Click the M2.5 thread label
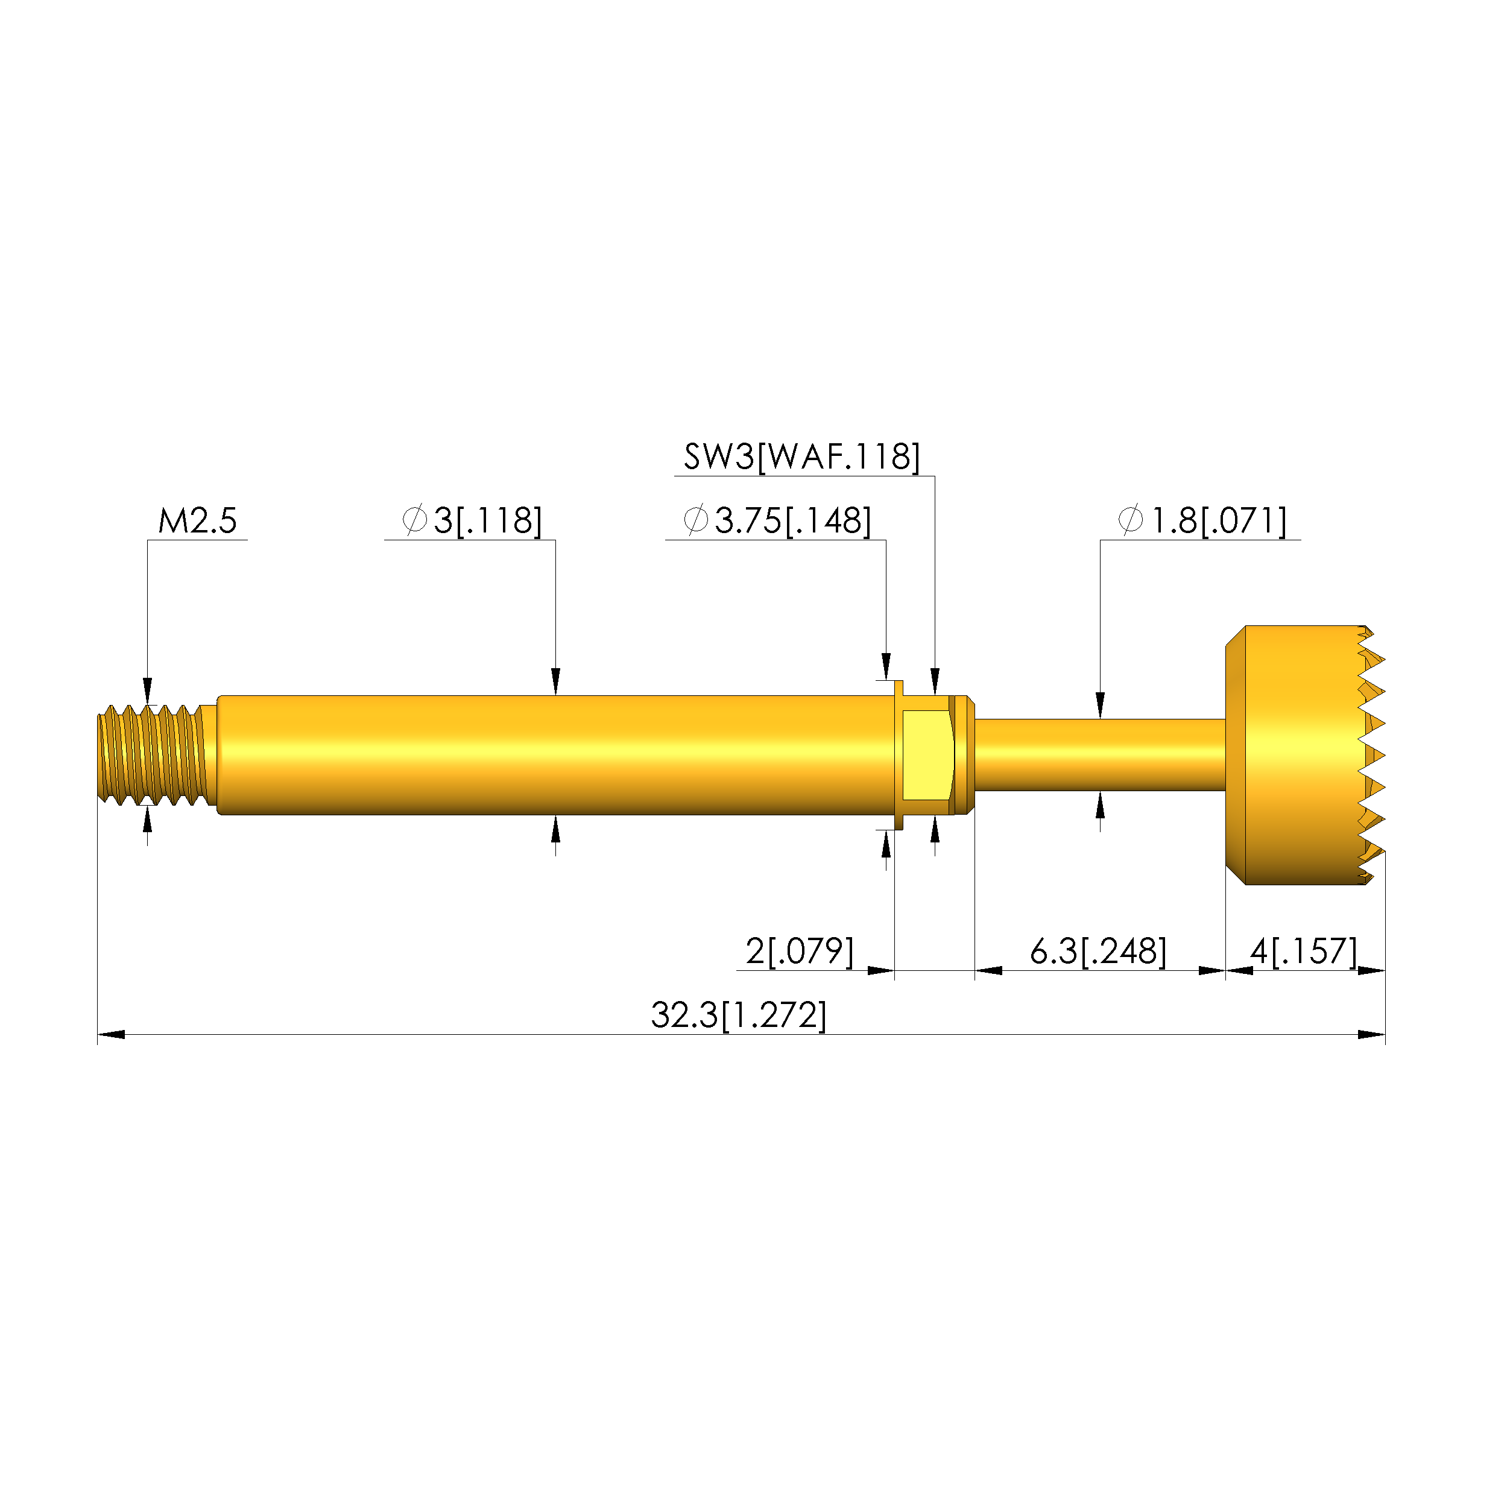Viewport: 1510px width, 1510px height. point(197,520)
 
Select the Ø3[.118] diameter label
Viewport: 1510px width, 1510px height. point(472,520)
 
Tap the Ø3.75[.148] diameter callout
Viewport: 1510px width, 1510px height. point(776,520)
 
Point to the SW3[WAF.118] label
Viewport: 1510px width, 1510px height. point(802,456)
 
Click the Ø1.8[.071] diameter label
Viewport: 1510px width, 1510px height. point(1201,520)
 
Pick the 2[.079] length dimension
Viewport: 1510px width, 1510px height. point(800,951)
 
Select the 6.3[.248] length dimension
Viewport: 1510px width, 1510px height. point(1098,951)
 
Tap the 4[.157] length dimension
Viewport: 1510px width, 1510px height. point(1304,951)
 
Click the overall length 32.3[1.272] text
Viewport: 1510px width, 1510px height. point(739,1016)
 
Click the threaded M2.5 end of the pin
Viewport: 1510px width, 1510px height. point(156,754)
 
